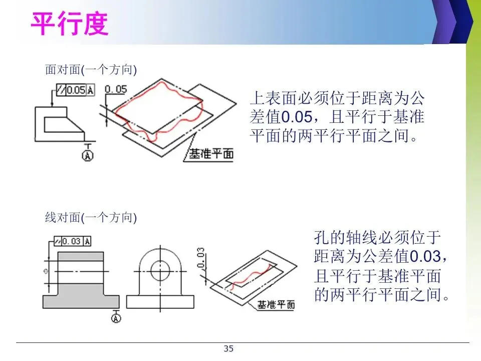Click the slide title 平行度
(x=70, y=23)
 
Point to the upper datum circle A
(x=88, y=156)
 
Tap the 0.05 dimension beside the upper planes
(x=116, y=89)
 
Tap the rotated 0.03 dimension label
(x=201, y=258)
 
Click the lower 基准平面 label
(x=276, y=304)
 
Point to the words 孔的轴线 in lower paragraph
(x=346, y=237)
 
